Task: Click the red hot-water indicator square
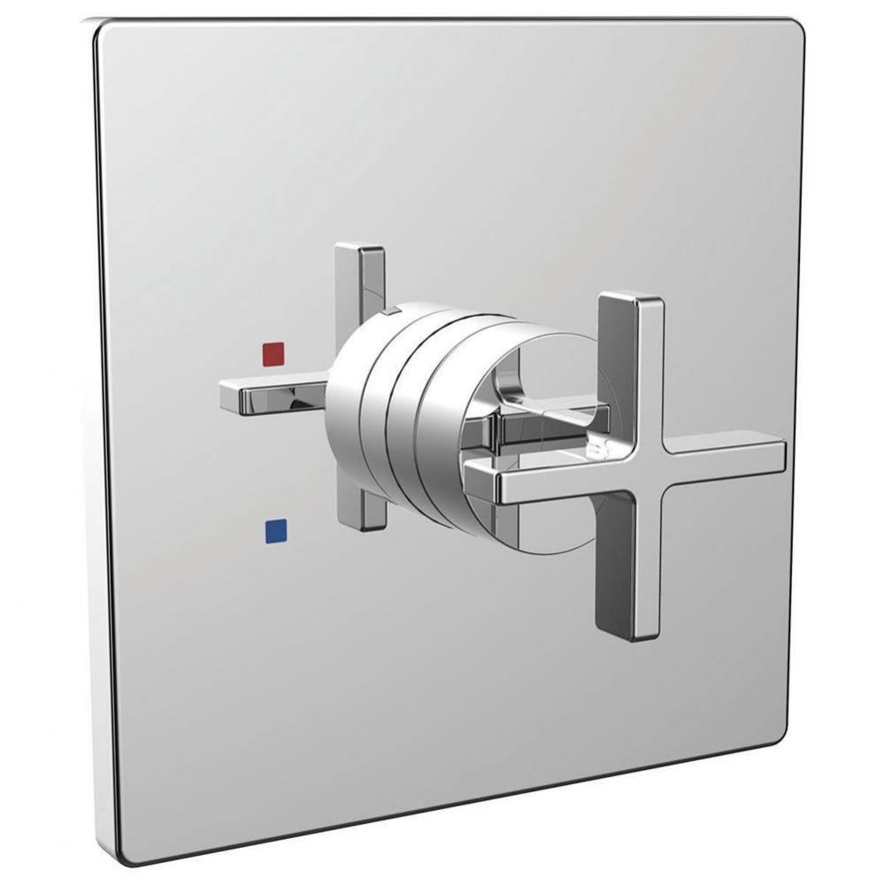pos(274,355)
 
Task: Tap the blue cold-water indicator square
pos(275,530)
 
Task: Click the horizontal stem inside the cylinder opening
pos(549,416)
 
